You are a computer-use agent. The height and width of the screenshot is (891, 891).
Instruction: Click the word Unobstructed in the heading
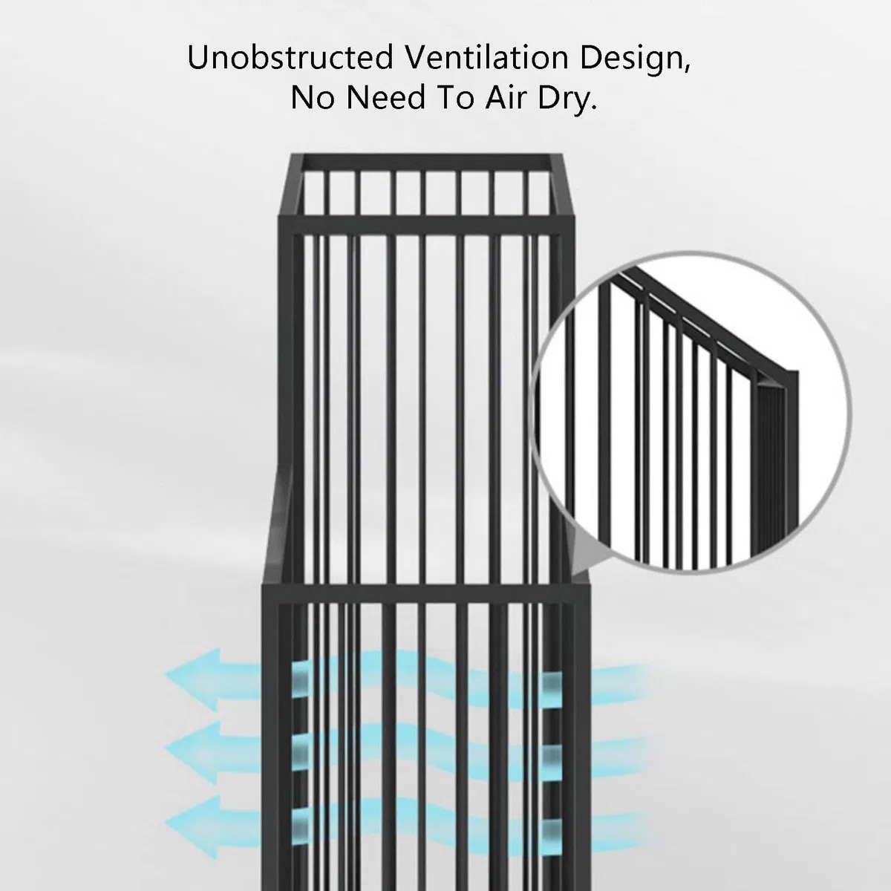click(x=290, y=57)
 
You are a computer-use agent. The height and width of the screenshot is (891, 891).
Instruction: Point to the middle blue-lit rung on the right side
click(x=552, y=758)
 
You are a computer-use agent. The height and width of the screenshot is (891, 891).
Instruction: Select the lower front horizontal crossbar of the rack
click(x=425, y=594)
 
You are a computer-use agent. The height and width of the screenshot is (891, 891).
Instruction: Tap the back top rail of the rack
click(x=426, y=163)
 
